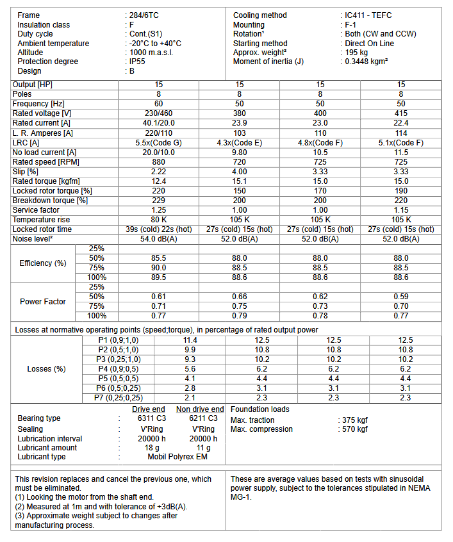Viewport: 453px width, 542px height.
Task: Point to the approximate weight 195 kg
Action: click(x=356, y=53)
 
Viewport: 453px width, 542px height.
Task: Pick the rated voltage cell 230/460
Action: click(x=158, y=113)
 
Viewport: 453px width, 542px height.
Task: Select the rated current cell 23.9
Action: click(x=239, y=123)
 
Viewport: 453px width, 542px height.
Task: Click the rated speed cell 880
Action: click(x=158, y=163)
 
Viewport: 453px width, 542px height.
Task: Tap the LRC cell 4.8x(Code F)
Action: click(x=320, y=143)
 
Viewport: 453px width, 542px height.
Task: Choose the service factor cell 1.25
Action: click(x=158, y=210)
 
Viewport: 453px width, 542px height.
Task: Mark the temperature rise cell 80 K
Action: click(x=158, y=220)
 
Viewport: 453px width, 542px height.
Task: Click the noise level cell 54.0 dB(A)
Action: click(x=158, y=239)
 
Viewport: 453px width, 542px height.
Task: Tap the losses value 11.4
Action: click(x=190, y=340)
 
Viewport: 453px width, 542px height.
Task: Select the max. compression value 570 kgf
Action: click(x=354, y=429)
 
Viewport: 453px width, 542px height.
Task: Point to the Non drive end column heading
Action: click(x=200, y=409)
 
